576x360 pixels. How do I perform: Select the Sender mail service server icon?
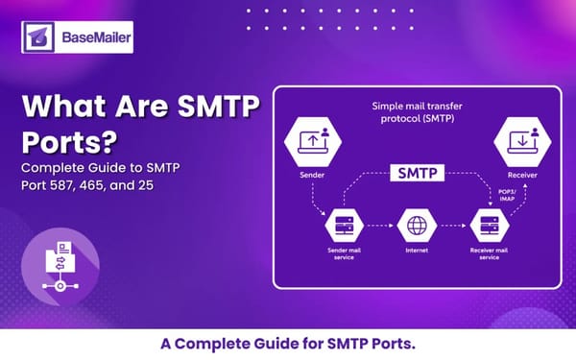click(344, 226)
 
